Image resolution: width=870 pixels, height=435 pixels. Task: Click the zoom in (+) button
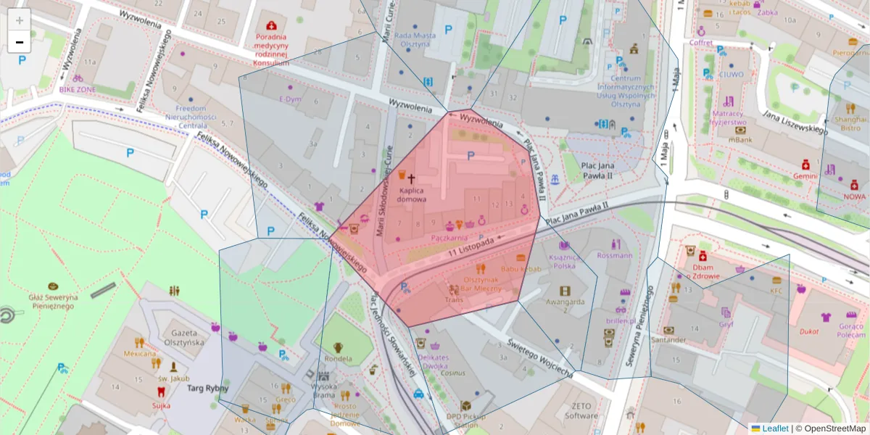20,20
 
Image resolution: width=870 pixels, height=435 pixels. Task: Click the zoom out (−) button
20,42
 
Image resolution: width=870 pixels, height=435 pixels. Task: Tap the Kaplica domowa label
412,194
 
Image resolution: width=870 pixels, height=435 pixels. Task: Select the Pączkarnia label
449,237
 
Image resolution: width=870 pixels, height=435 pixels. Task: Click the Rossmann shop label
614,255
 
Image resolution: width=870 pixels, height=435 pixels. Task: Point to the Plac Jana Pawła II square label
587,170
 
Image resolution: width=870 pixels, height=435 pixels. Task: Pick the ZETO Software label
581,411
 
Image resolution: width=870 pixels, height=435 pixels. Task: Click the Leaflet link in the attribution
774,428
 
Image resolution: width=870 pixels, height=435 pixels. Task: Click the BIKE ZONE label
77,89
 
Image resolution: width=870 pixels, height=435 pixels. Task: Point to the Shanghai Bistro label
850,123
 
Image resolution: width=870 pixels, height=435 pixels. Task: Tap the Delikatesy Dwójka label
434,362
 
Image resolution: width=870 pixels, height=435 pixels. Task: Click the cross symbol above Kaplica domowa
412,178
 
